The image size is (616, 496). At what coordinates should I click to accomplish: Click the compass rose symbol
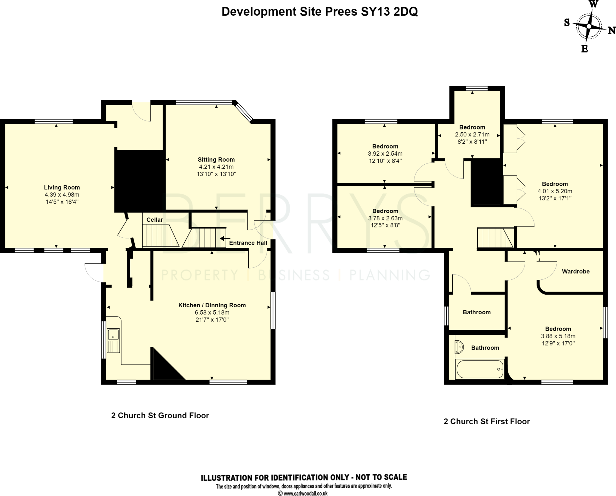tap(589, 26)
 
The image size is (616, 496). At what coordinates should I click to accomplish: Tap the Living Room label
tap(62, 187)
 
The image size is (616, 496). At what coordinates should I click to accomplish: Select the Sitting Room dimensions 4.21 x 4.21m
tap(216, 167)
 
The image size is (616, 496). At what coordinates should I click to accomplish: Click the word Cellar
tap(155, 220)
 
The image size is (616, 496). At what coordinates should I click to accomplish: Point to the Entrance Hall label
tap(248, 243)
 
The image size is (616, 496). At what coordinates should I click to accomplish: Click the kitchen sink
tap(113, 340)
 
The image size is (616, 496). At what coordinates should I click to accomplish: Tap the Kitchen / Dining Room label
tap(212, 305)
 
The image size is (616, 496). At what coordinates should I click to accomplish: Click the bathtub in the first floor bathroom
tap(479, 369)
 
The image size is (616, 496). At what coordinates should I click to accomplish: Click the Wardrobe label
tap(575, 271)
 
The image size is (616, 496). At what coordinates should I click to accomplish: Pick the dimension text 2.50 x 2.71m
tap(472, 134)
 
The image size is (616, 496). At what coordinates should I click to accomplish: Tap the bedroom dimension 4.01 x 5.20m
tap(555, 191)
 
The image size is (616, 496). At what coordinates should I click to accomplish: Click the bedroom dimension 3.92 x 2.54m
tap(385, 154)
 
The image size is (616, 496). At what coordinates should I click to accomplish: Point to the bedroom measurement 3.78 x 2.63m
tap(385, 218)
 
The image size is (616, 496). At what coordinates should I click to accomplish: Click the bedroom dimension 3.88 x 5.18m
tap(558, 336)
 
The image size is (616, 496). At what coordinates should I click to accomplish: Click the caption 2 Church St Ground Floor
tap(160, 415)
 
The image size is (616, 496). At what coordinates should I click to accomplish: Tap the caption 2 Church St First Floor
tap(486, 421)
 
